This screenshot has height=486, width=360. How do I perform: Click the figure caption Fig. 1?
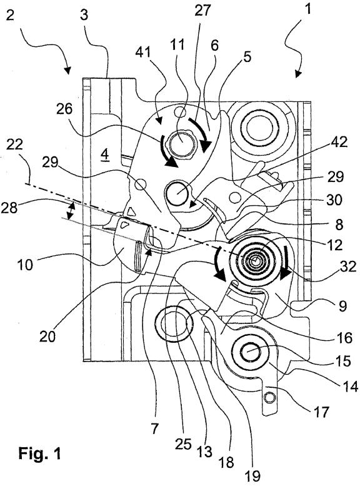click(39, 453)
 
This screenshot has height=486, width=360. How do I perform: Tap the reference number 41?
click(143, 53)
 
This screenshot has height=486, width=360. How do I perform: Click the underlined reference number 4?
click(105, 156)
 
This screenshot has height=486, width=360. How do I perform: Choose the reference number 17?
click(321, 413)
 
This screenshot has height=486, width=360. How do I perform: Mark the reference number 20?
click(48, 336)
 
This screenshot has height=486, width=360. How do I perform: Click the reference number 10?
click(25, 265)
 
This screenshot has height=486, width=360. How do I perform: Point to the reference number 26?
click(64, 109)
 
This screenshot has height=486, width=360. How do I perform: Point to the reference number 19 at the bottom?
click(252, 476)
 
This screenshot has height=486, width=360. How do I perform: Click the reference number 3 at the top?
click(84, 15)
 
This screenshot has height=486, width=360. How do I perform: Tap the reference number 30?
click(333, 200)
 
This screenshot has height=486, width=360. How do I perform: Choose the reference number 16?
click(344, 337)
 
